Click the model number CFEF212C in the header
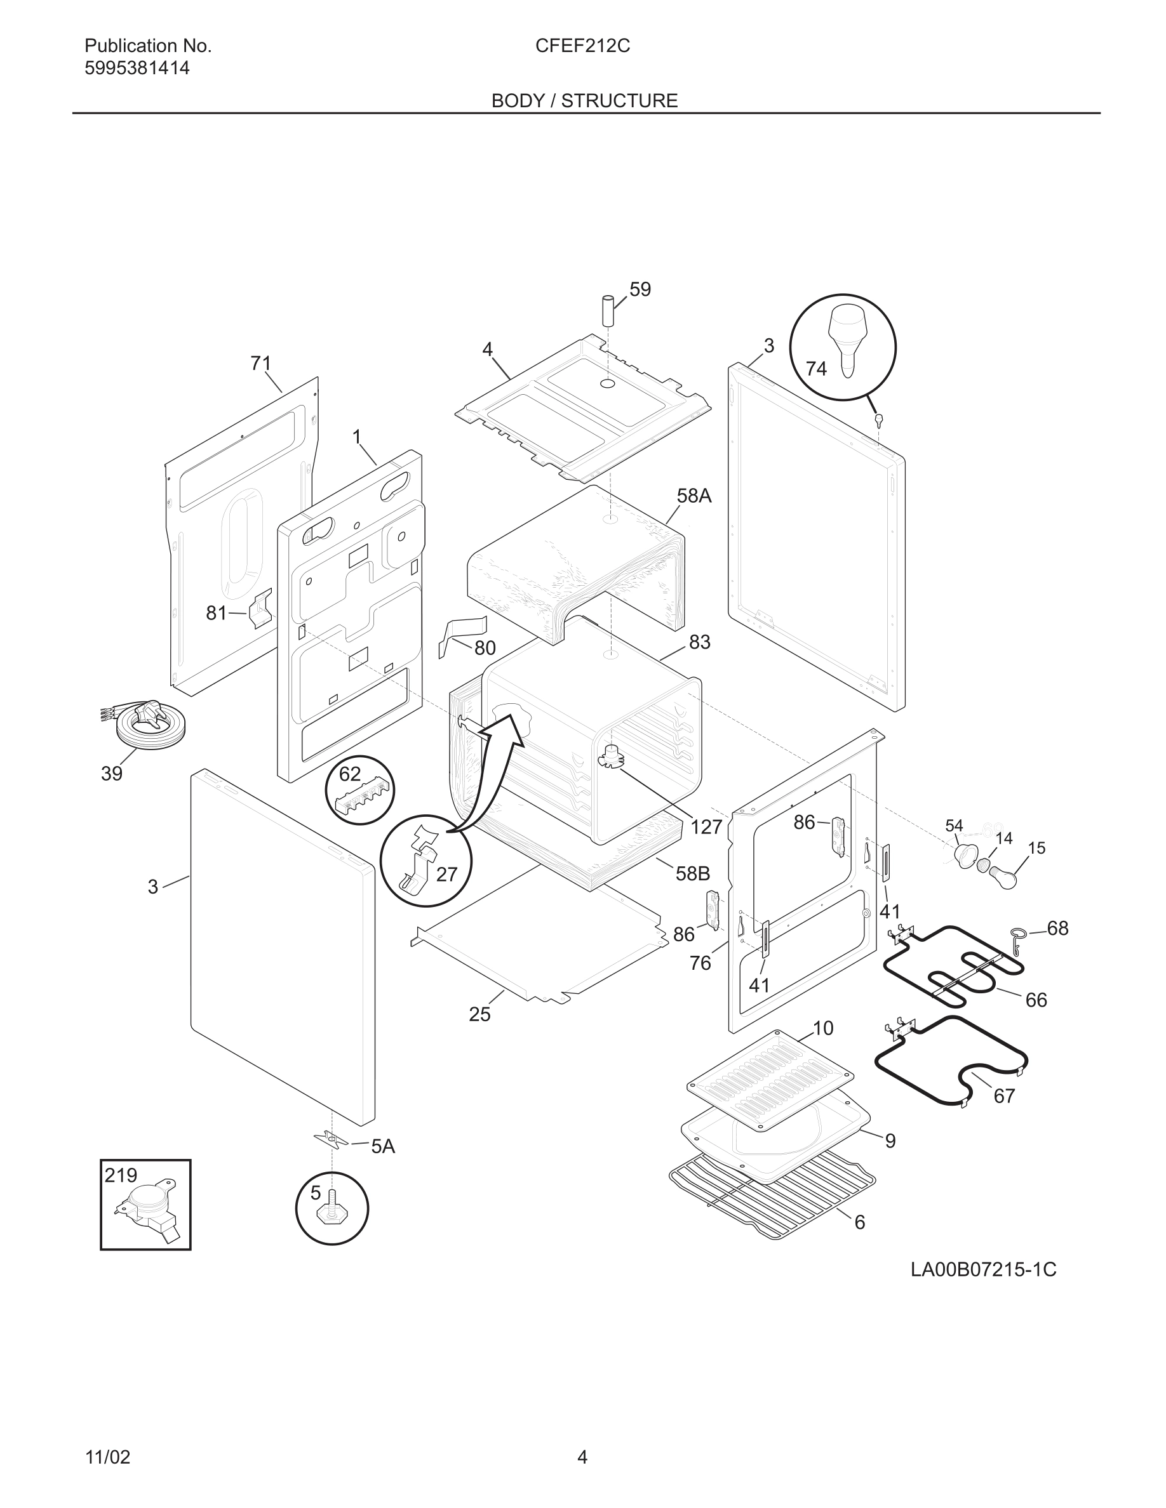[x=582, y=46]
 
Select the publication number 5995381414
[x=137, y=69]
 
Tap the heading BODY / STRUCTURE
[x=584, y=101]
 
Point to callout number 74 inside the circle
[x=816, y=369]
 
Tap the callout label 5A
[x=383, y=1147]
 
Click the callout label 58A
[x=694, y=496]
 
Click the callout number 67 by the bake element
[x=1003, y=1096]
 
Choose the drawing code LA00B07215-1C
[x=983, y=1270]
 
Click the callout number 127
[x=706, y=826]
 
